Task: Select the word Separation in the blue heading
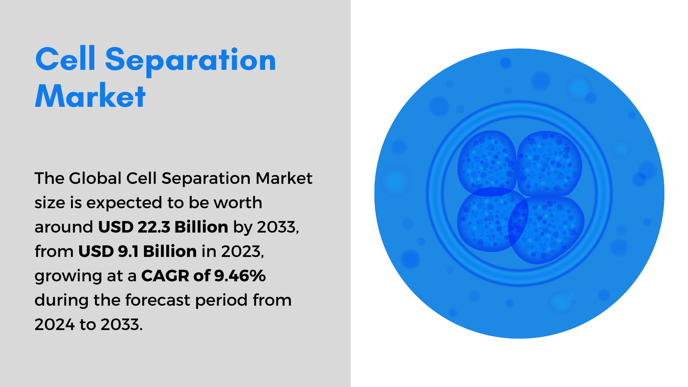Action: pyautogui.click(x=190, y=60)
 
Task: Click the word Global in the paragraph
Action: pyautogui.click(x=95, y=178)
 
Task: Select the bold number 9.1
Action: pyautogui.click(x=128, y=251)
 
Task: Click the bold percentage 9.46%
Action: pyautogui.click(x=240, y=276)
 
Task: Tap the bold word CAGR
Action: pyautogui.click(x=165, y=276)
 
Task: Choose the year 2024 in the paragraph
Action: pyautogui.click(x=54, y=324)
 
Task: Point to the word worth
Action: pyautogui.click(x=238, y=202)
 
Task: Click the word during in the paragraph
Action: pyautogui.click(x=61, y=300)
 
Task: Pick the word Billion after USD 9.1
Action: pyautogui.click(x=170, y=251)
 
